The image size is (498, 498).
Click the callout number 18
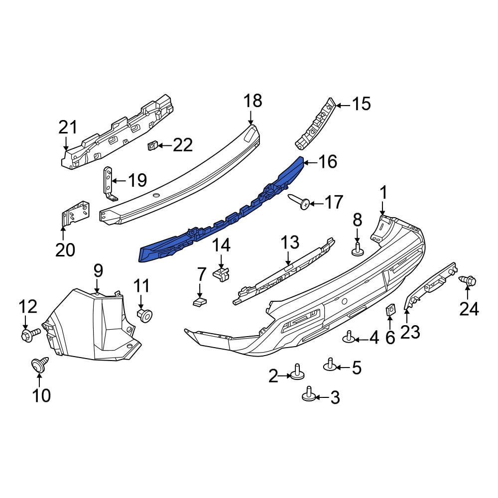pyautogui.click(x=252, y=101)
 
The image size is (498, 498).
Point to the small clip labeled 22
pyautogui.click(x=153, y=145)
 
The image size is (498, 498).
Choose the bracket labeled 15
pyautogui.click(x=315, y=124)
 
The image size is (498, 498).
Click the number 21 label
pyautogui.click(x=68, y=127)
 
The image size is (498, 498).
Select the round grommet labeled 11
pyautogui.click(x=144, y=314)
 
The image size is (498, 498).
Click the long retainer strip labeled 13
pyautogui.click(x=284, y=271)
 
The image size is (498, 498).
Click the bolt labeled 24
pyautogui.click(x=468, y=281)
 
